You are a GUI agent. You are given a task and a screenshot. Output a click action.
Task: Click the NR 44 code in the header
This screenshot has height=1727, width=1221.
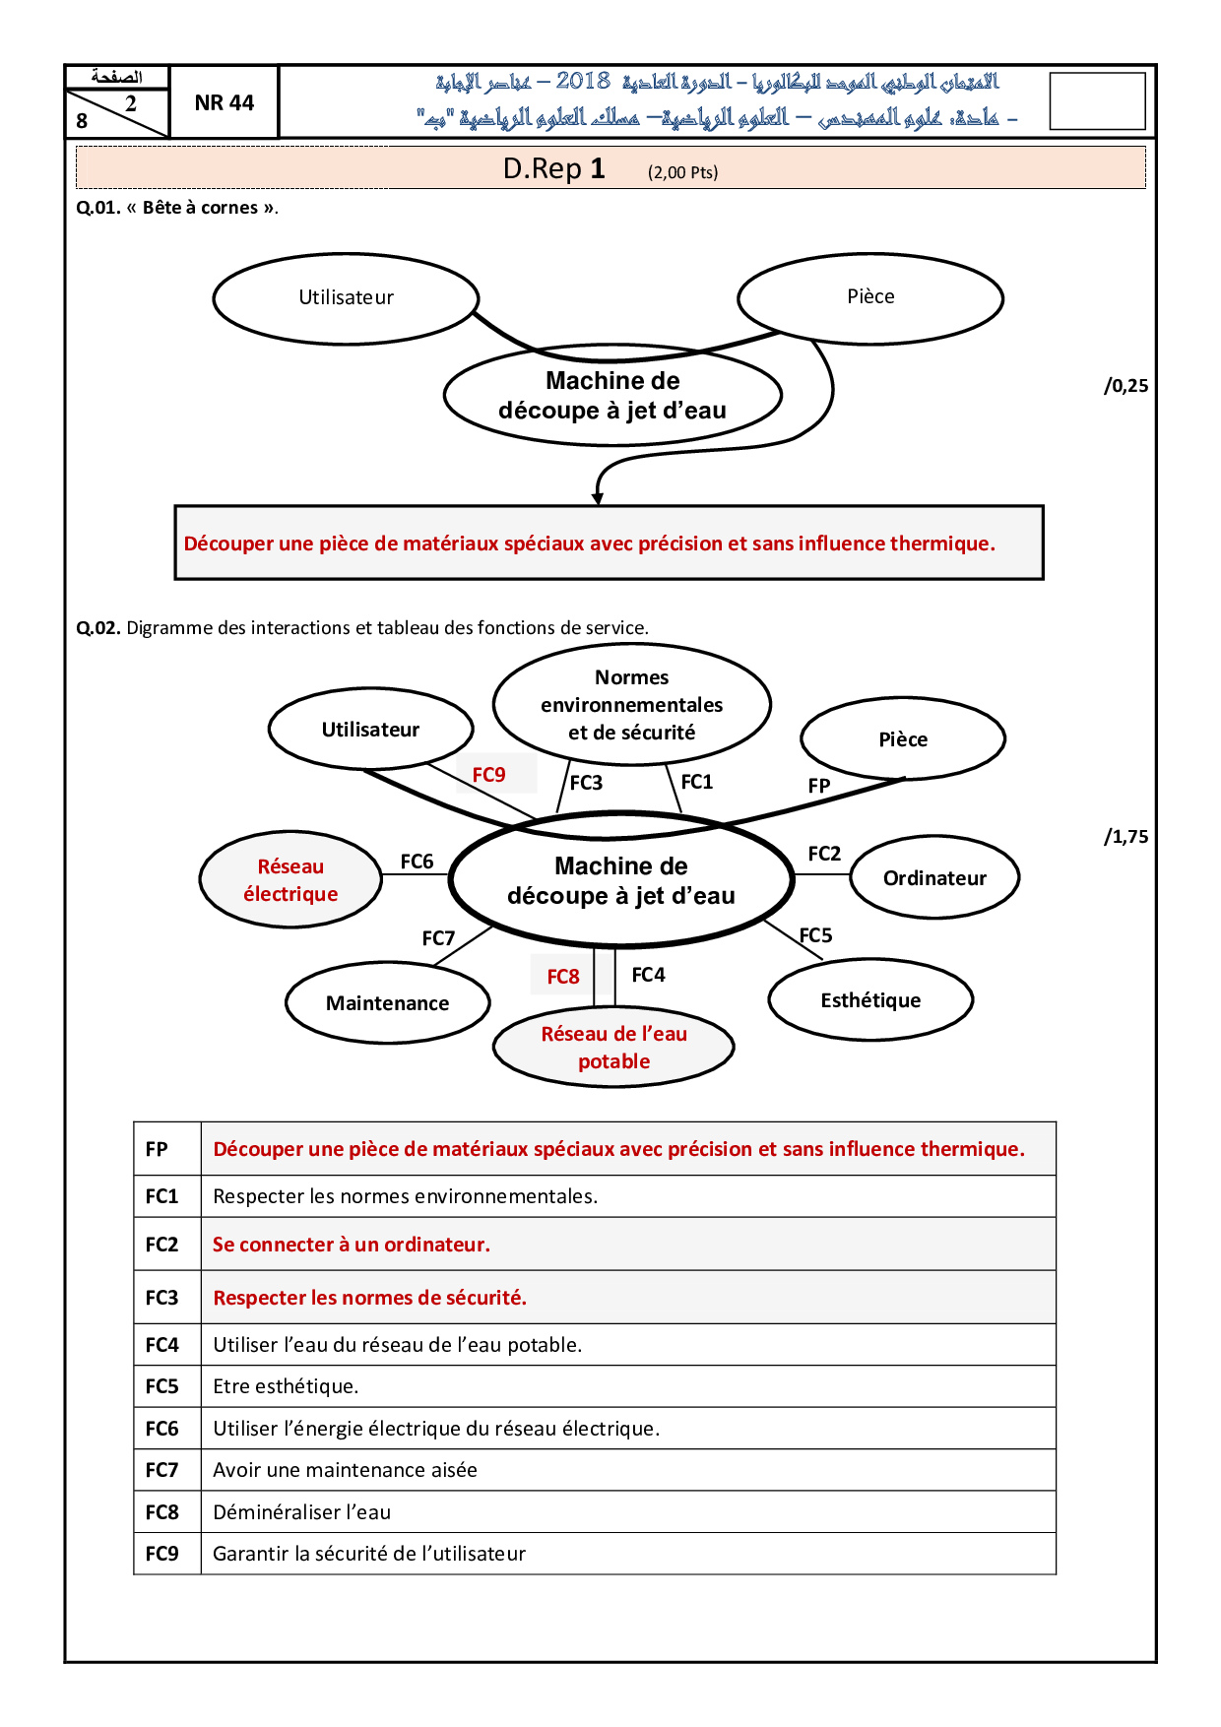coord(225,102)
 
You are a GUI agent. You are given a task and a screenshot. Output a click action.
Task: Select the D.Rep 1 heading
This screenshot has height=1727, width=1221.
coord(553,169)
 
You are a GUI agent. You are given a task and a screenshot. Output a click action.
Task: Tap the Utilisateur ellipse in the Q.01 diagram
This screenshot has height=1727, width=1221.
coord(346,298)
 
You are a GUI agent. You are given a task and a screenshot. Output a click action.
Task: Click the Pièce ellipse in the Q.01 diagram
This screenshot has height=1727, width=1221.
coord(870,297)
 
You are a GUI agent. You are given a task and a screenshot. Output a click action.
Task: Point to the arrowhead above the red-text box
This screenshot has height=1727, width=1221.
coord(598,499)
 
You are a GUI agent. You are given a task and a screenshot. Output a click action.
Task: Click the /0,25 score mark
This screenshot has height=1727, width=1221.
coord(1126,386)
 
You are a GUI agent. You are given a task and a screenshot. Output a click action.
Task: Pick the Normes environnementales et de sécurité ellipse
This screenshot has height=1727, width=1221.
coord(631,705)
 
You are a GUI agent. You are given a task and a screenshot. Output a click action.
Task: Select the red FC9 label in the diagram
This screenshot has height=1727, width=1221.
coord(489,775)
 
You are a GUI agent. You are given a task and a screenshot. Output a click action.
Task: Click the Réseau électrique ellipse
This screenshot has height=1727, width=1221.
coord(290,880)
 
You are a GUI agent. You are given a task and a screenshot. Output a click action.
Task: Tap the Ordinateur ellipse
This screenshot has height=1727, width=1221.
coord(934,878)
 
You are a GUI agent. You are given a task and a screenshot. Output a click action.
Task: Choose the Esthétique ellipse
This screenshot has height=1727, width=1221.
coord(870,1000)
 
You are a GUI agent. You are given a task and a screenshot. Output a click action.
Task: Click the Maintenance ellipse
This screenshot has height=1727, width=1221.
coord(387,1003)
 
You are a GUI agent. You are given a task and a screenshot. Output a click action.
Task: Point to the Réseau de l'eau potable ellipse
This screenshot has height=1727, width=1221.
coord(613,1048)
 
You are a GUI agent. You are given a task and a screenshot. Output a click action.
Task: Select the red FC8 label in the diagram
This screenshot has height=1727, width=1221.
coord(563,977)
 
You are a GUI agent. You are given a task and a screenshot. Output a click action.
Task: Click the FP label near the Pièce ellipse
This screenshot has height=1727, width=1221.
coord(819,786)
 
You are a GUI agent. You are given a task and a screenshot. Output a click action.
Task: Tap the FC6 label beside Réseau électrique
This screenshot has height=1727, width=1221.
coord(417,862)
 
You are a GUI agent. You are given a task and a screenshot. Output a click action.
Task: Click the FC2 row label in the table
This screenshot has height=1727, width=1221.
coord(162,1245)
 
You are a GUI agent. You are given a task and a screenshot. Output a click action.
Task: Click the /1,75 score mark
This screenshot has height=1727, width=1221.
coord(1126,837)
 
